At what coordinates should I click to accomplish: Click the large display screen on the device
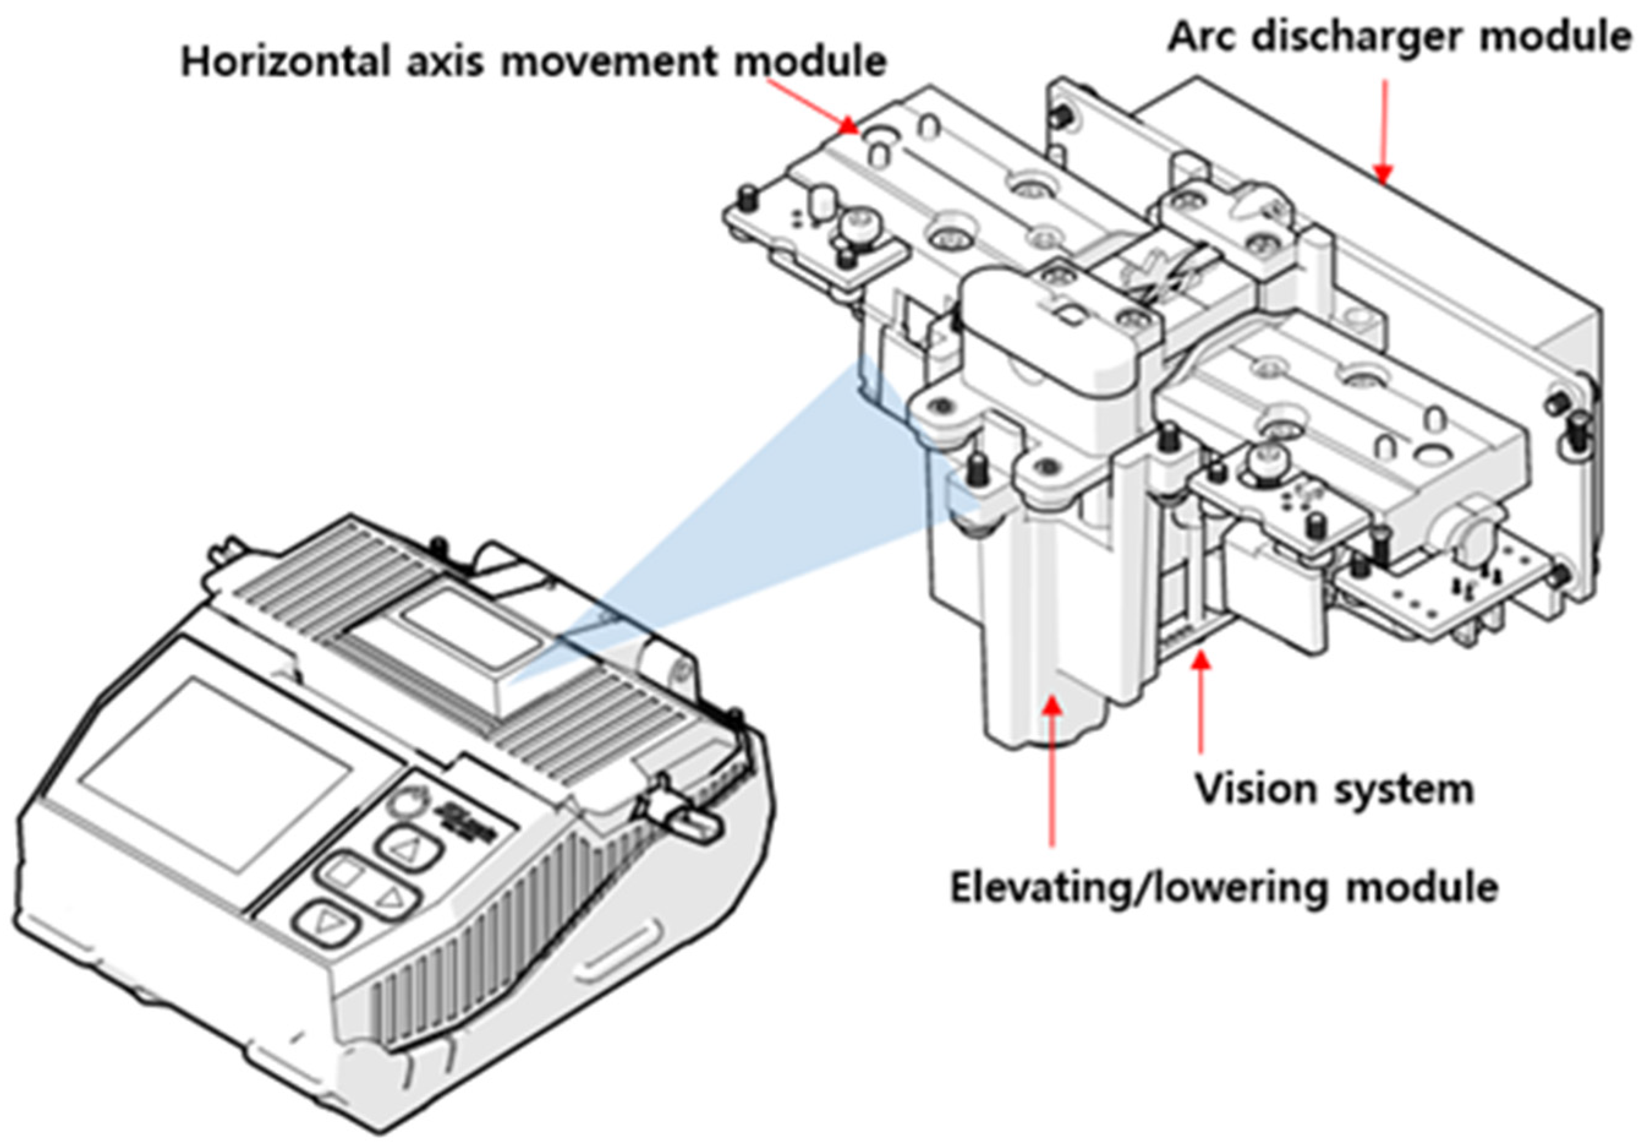(214, 775)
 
